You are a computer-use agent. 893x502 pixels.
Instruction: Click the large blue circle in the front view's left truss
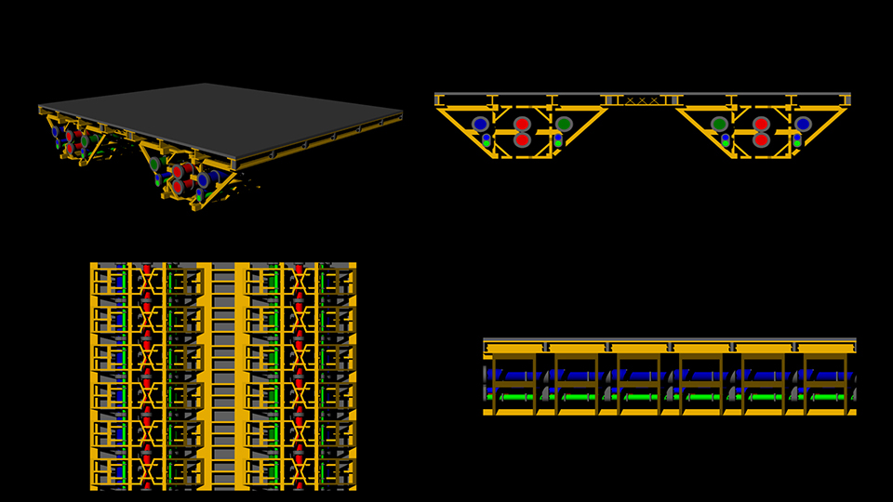coord(480,124)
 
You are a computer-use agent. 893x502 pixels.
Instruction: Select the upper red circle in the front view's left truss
coord(522,124)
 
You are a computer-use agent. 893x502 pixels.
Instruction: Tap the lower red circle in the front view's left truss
coord(522,140)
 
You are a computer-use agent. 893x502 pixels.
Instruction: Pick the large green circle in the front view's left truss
coord(564,124)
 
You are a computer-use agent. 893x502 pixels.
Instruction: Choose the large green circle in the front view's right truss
coord(719,124)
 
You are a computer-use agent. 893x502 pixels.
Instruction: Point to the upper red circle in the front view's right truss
coord(761,124)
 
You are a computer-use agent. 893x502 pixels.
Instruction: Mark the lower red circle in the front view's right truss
coord(761,140)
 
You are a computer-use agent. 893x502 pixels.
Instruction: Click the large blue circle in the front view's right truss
coord(803,124)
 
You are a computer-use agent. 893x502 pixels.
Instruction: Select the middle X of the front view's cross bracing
coord(642,99)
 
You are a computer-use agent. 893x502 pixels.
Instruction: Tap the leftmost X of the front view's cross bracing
coord(630,99)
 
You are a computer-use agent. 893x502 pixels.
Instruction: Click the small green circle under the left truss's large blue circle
coord(486,143)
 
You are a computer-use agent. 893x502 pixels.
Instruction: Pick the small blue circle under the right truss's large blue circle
coord(797,137)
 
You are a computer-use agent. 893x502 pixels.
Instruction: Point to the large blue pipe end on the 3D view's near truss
coord(203,179)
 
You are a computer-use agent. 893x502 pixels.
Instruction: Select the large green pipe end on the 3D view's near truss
coord(155,164)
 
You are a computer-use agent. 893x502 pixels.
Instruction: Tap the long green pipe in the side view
coord(670,397)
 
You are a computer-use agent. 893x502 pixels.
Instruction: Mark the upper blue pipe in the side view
coord(670,375)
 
